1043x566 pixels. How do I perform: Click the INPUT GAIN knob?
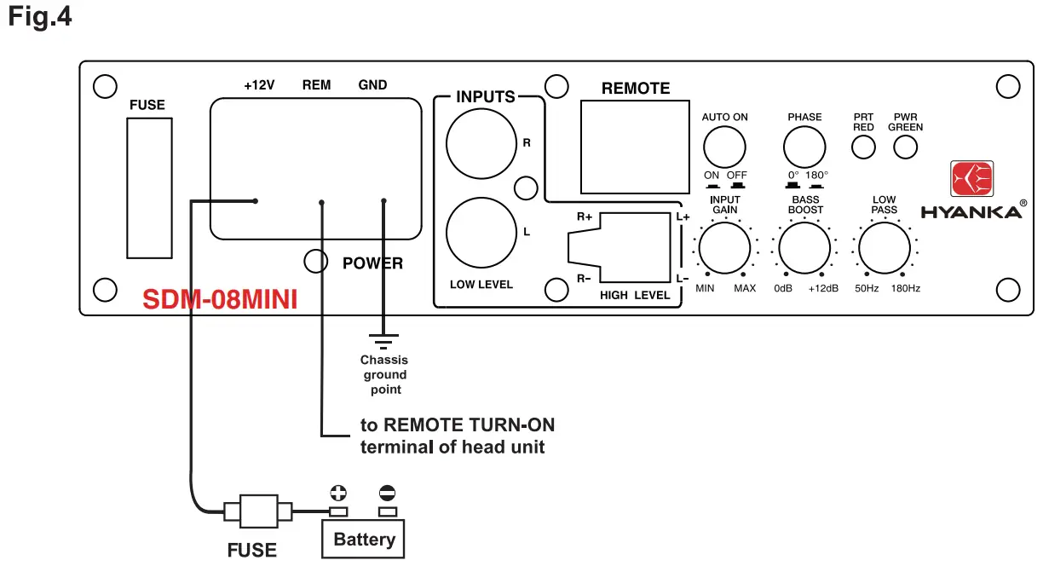[725, 250]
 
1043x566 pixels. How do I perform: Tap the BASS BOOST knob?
[804, 250]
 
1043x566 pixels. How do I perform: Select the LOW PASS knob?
[885, 250]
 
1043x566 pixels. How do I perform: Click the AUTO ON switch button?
[724, 147]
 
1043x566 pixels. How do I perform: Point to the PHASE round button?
[804, 147]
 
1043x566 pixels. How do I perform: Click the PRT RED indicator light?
[864, 147]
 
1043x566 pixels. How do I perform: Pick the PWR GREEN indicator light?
[905, 147]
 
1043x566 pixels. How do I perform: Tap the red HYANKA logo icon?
[971, 180]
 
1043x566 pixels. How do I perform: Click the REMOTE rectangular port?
[635, 147]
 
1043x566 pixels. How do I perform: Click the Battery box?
[364, 539]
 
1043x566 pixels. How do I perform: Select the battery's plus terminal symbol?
[338, 493]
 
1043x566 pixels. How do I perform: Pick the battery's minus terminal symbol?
[388, 493]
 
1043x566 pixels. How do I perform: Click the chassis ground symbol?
[383, 342]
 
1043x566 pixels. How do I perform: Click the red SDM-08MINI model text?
[219, 300]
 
